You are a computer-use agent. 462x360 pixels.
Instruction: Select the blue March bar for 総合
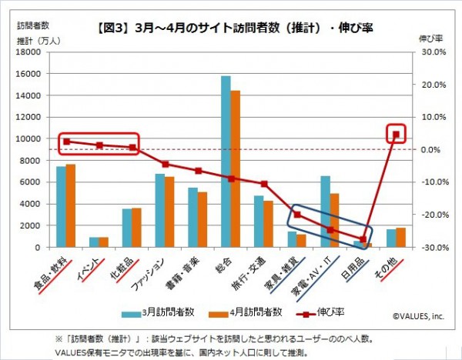pos(226,162)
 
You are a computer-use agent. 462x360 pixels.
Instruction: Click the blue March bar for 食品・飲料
pos(61,206)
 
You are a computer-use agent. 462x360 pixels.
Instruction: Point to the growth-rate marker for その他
pos(396,134)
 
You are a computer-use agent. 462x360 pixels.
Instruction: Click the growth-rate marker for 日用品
pos(363,239)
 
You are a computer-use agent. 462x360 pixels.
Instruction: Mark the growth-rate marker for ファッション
pos(165,164)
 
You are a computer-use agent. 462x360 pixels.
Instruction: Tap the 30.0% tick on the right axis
pos(431,52)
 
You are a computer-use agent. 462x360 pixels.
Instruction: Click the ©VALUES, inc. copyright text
pos(419,315)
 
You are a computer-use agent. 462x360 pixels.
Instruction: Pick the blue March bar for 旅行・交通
pos(259,222)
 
